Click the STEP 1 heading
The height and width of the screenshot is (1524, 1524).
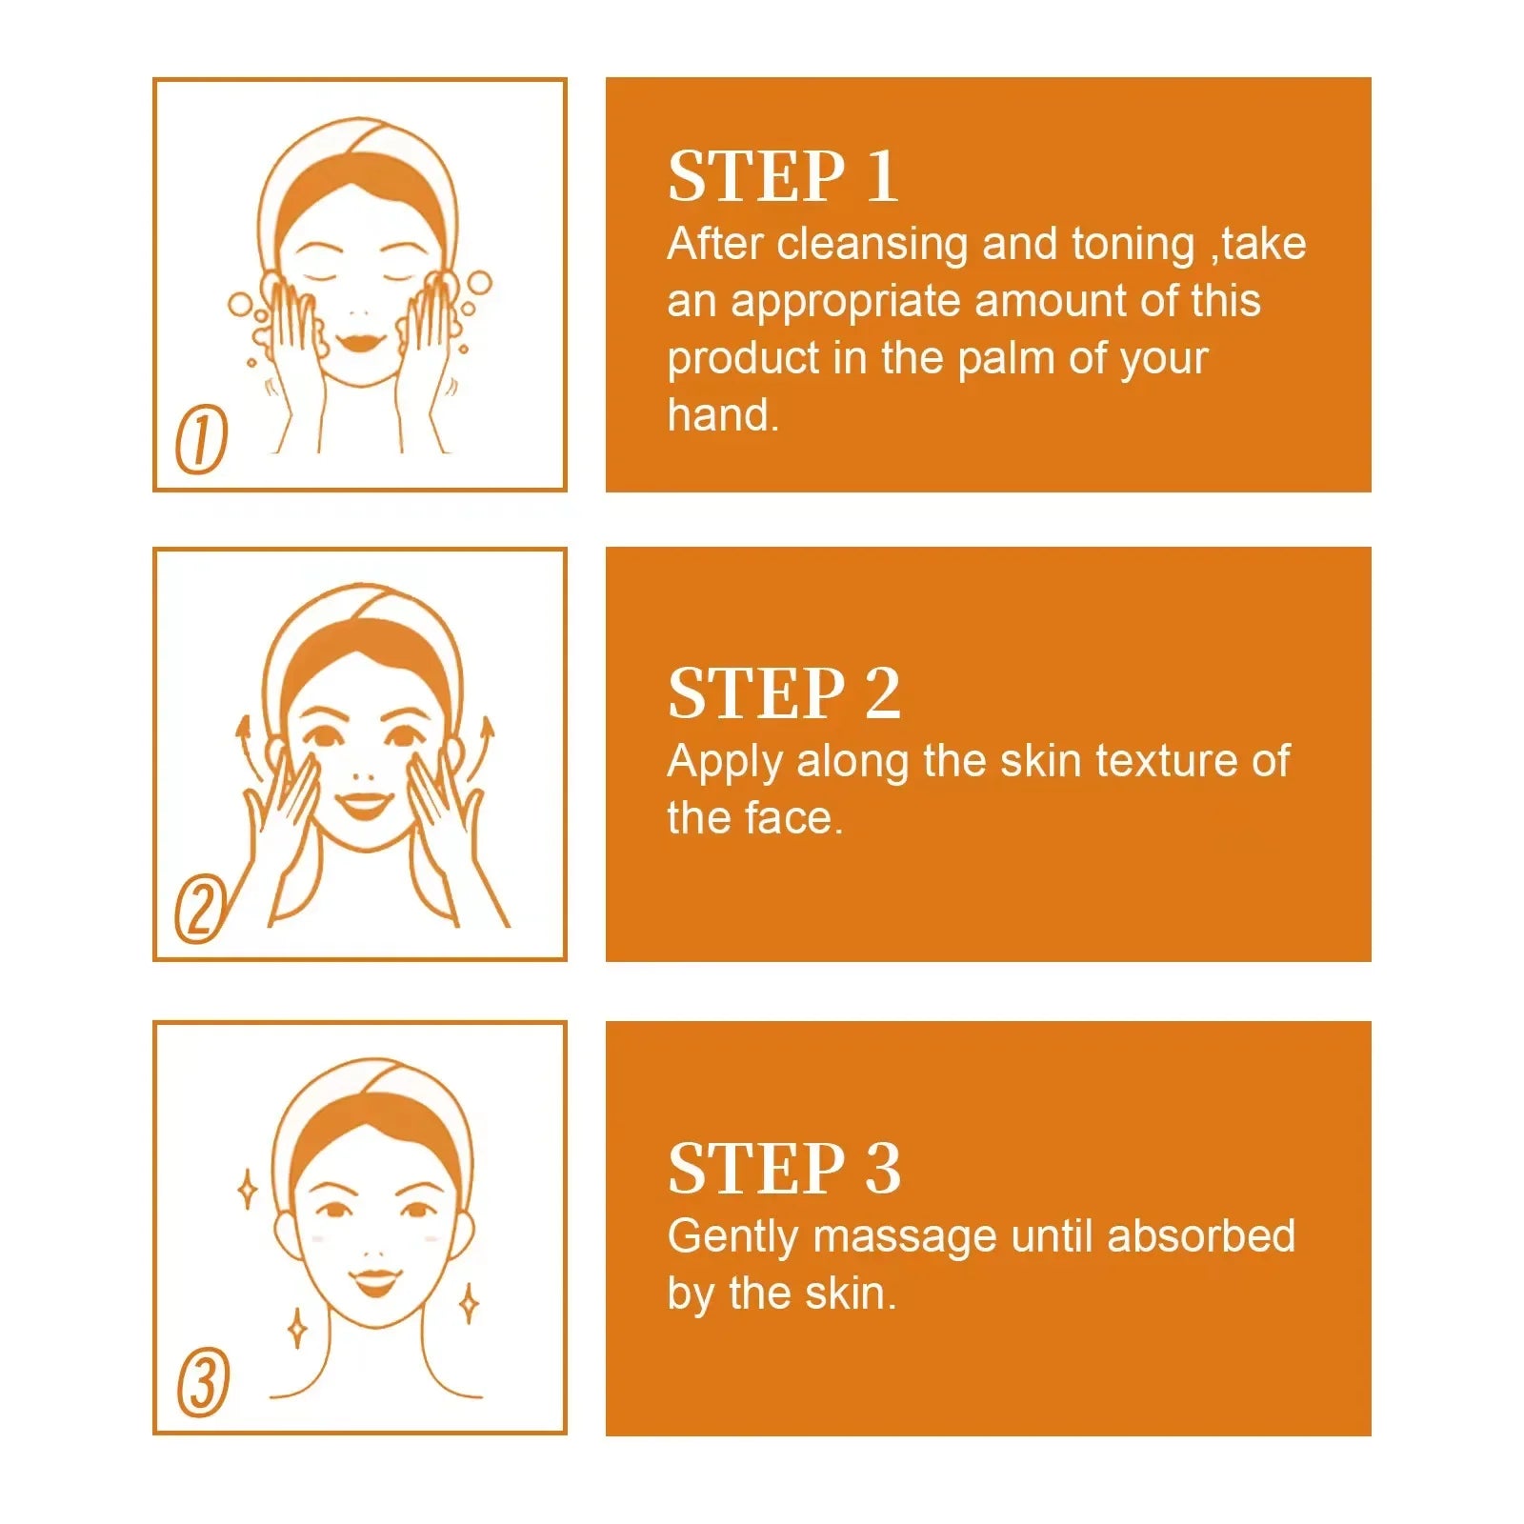pyautogui.click(x=783, y=176)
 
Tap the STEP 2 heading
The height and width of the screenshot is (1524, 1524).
pyautogui.click(x=783, y=693)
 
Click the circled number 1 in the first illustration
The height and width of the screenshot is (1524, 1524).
pyautogui.click(x=202, y=438)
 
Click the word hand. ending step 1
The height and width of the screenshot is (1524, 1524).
pyautogui.click(x=722, y=416)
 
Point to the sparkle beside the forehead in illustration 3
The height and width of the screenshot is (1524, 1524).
pyautogui.click(x=247, y=1189)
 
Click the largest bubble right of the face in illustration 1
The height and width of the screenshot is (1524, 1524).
pyautogui.click(x=479, y=282)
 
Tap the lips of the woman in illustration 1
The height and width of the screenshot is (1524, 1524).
pyautogui.click(x=358, y=340)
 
